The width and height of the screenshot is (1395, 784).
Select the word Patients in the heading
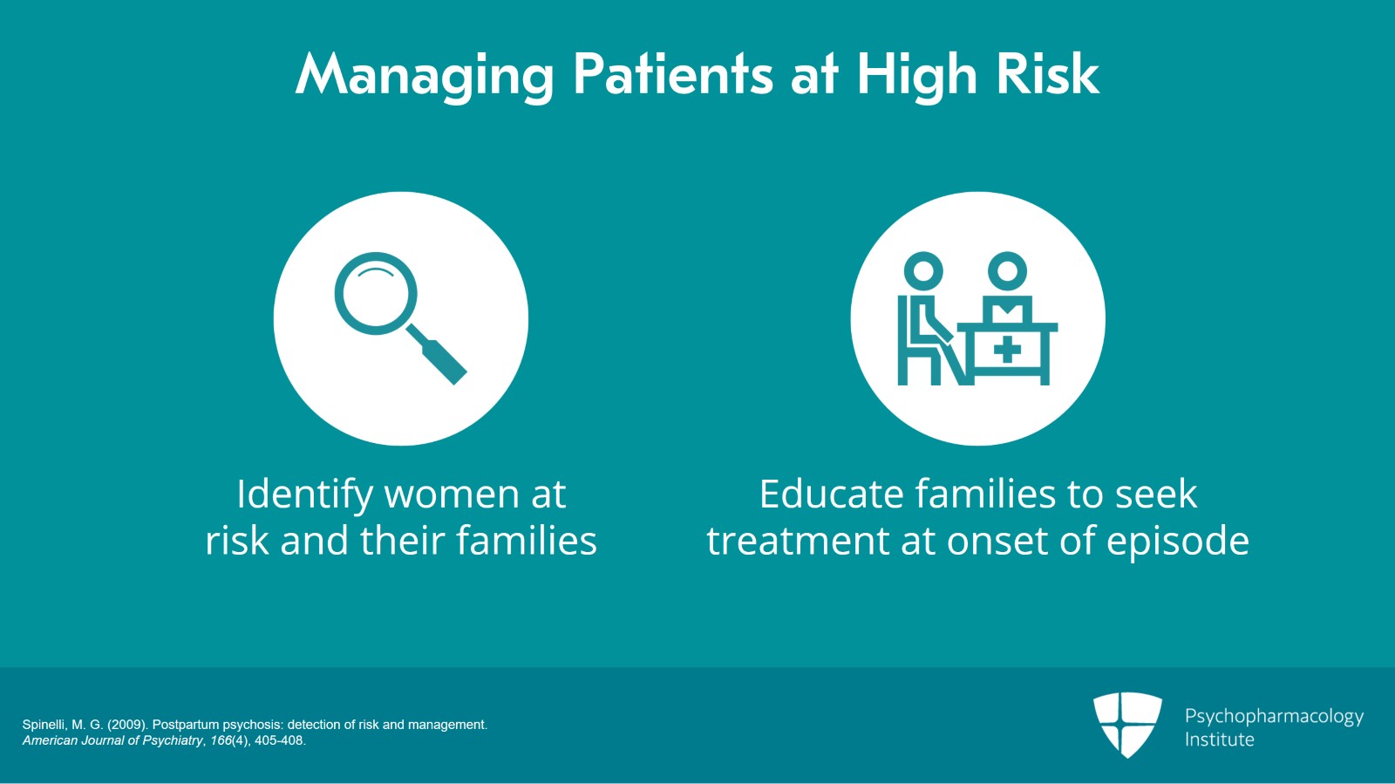(x=673, y=74)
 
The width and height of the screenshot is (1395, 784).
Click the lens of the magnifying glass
(x=376, y=293)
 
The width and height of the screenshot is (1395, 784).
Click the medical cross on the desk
(x=1007, y=350)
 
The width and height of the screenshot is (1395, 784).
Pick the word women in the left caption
(x=453, y=494)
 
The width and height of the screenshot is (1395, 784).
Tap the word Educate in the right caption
(x=831, y=494)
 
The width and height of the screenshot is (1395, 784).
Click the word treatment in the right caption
(x=798, y=541)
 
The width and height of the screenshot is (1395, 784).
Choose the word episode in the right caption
(x=1178, y=542)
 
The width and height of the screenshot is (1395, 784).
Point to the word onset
(x=997, y=541)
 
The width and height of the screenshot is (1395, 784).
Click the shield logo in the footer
(x=1127, y=725)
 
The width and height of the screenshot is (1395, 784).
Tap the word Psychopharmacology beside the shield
(x=1274, y=717)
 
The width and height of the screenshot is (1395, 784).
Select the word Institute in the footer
(x=1220, y=740)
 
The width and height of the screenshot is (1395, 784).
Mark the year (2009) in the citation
(x=127, y=725)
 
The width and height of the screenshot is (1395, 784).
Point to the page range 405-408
(x=279, y=740)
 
